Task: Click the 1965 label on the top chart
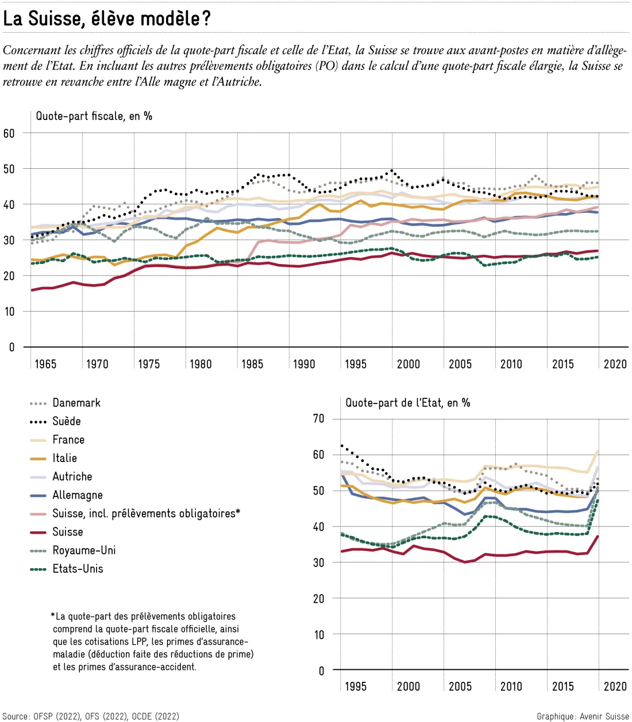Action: (x=45, y=364)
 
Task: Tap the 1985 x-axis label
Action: (x=252, y=364)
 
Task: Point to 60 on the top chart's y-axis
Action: (x=9, y=133)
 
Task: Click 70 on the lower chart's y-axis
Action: (x=318, y=418)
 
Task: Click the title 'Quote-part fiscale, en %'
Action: (x=94, y=116)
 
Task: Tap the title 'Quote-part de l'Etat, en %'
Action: (x=408, y=403)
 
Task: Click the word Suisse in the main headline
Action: (x=57, y=19)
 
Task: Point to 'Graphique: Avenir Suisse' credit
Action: (x=583, y=716)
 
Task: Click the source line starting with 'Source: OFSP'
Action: (x=91, y=716)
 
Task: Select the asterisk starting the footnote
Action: (x=53, y=616)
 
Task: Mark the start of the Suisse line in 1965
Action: (x=32, y=290)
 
